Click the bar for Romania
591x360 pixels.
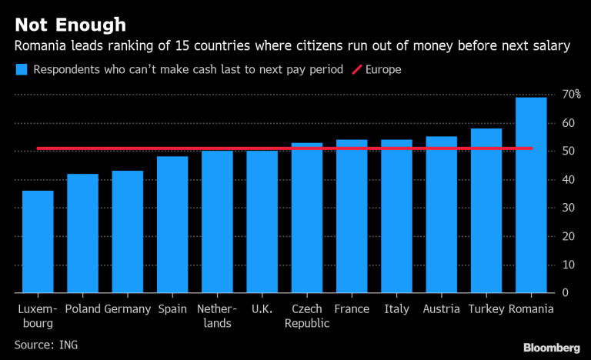pos(531,195)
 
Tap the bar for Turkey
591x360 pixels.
pos(486,211)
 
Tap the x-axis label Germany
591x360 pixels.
pos(127,309)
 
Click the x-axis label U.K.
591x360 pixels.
pos(262,309)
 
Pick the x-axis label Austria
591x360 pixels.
pos(441,309)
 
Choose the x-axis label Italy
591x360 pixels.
pos(396,309)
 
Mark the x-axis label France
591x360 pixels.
pos(352,309)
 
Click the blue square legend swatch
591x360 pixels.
pos(21,69)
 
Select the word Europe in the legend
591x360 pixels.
pos(384,69)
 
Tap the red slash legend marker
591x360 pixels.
pos(357,69)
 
